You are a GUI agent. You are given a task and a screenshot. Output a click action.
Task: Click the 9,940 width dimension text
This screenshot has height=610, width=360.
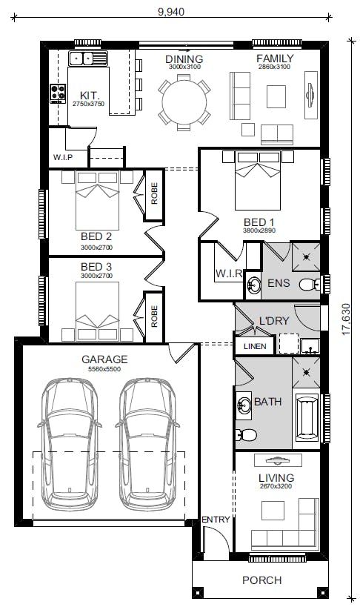click(x=171, y=12)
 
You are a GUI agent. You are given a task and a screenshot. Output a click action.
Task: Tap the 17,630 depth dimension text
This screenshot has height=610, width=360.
click(x=347, y=319)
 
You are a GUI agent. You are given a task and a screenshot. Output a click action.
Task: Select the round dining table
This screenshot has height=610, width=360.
click(x=184, y=102)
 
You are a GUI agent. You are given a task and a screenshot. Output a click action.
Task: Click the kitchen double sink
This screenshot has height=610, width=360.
click(x=88, y=59)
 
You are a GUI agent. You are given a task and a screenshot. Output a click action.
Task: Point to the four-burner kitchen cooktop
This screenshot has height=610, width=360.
click(x=58, y=93)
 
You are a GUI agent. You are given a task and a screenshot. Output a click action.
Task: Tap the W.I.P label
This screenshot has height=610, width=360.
click(x=63, y=158)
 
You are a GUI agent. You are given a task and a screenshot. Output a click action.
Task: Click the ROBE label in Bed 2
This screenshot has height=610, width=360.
click(x=154, y=193)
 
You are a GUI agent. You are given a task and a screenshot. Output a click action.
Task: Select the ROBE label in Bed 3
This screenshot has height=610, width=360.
click(x=154, y=316)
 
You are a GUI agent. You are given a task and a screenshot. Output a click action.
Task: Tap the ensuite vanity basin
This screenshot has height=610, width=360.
click(x=254, y=285)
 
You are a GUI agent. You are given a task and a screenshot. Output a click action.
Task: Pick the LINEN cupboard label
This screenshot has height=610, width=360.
click(x=255, y=346)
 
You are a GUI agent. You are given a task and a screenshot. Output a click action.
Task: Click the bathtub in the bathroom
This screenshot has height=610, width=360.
click(x=307, y=417)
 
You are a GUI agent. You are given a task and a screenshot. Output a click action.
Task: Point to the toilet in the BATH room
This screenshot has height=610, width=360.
click(x=246, y=434)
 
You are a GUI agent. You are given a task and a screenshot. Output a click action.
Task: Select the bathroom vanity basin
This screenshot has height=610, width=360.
click(x=244, y=405)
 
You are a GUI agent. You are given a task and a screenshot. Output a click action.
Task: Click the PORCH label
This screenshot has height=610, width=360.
click(x=262, y=580)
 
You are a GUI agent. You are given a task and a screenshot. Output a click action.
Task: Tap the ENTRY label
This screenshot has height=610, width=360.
click(x=216, y=520)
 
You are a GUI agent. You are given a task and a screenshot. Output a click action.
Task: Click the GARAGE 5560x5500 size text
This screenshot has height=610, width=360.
click(x=104, y=369)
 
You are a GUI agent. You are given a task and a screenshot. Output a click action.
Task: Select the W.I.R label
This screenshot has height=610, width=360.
click(x=229, y=273)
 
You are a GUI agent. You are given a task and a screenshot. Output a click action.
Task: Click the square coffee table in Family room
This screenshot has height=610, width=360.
click(x=276, y=96)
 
